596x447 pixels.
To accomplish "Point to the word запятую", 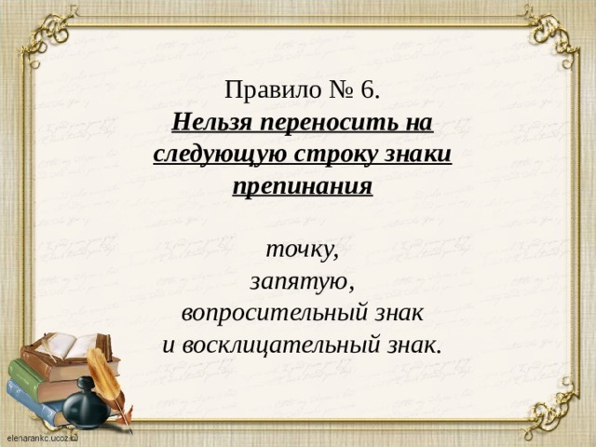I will coord(299,280).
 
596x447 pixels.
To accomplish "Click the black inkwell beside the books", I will coord(89,400).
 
